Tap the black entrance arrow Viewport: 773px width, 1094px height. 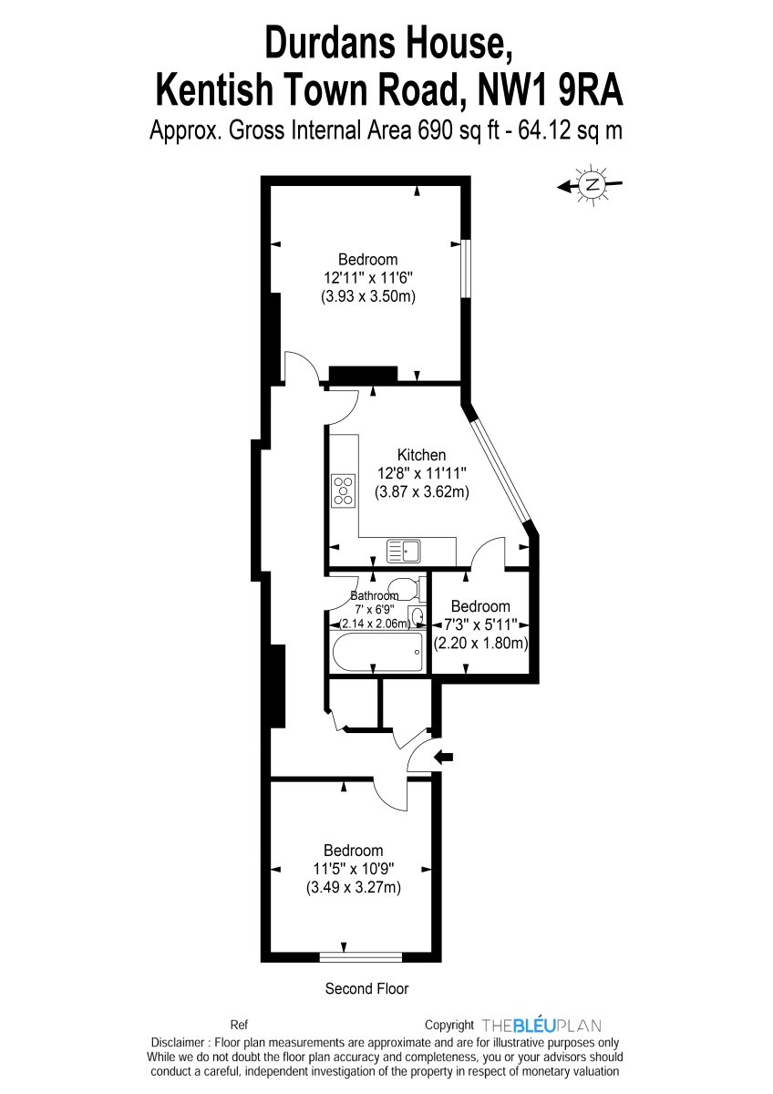click(x=443, y=757)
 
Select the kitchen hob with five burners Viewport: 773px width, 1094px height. click(x=344, y=490)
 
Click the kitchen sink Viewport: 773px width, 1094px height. click(x=403, y=551)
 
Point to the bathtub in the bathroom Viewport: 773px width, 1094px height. click(x=378, y=652)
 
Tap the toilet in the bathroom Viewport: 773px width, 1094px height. click(x=407, y=589)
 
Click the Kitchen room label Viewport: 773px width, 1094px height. click(x=421, y=455)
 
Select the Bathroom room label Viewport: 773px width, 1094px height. click(x=375, y=595)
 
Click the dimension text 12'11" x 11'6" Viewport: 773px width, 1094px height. click(x=368, y=278)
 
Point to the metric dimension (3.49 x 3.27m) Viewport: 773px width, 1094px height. click(x=354, y=886)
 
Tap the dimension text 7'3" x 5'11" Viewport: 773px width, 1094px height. click(x=480, y=624)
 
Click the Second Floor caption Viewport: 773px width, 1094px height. click(x=366, y=988)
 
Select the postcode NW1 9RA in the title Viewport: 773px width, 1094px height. click(x=551, y=90)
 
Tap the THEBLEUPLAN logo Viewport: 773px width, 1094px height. click(x=541, y=1025)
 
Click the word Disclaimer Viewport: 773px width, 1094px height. click(x=178, y=1043)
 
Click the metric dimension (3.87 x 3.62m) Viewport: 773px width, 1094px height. click(x=422, y=491)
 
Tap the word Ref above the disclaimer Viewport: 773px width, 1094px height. click(x=239, y=1025)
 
